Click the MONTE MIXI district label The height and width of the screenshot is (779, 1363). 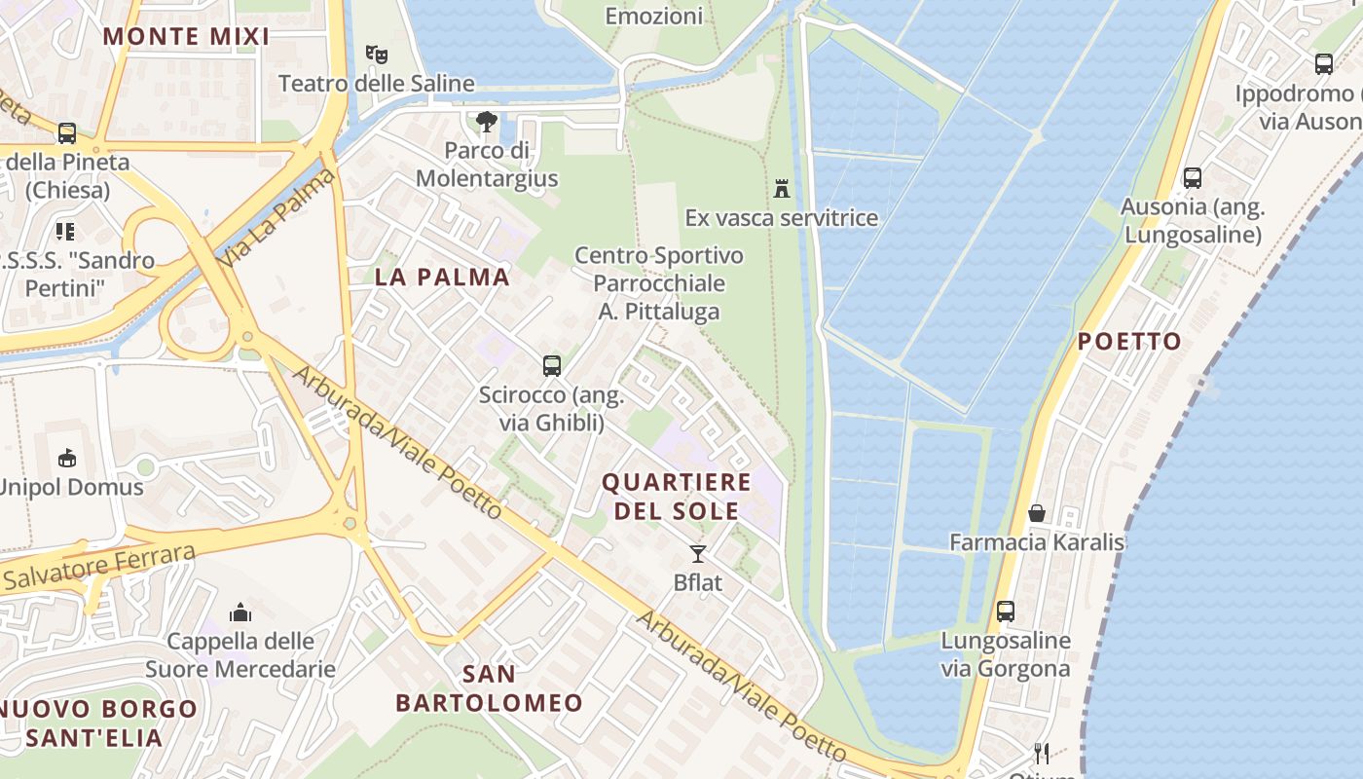186,37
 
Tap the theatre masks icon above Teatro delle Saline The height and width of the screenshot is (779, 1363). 376,55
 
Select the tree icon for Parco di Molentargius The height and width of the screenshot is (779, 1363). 487,123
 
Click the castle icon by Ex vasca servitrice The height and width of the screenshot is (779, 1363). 781,188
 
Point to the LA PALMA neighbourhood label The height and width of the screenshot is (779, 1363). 442,277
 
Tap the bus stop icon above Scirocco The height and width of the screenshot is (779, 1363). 552,366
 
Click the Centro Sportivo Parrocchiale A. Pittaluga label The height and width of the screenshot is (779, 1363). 659,283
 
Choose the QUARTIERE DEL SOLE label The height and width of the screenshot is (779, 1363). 677,496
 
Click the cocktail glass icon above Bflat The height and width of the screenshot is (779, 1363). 698,554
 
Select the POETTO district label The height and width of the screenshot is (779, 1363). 1129,342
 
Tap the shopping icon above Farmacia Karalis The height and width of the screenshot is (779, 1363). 1037,513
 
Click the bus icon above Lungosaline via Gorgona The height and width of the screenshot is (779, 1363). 1006,612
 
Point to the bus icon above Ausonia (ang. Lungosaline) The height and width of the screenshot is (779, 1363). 1193,178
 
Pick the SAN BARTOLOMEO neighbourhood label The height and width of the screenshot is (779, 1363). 489,687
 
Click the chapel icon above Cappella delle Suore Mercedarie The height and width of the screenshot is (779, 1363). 240,612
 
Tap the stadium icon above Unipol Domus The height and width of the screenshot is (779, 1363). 67,458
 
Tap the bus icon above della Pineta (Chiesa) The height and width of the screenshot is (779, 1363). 67,133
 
